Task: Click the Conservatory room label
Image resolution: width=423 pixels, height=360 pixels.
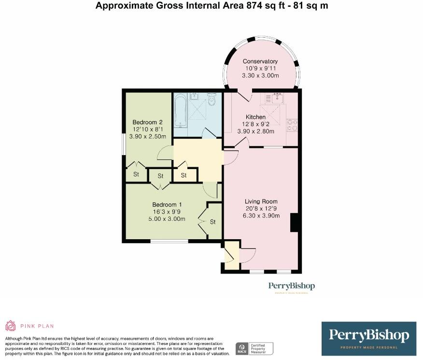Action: [260, 61]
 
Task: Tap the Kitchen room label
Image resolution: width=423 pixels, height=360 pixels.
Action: [255, 117]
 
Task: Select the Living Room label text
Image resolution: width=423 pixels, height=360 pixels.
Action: [261, 202]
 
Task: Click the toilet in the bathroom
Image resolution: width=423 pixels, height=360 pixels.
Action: [211, 100]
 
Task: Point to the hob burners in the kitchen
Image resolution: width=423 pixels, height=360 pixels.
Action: [292, 125]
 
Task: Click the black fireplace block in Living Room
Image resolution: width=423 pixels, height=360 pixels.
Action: [295, 224]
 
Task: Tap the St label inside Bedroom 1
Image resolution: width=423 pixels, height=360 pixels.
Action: [212, 222]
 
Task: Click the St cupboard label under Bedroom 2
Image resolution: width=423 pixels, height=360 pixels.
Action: [136, 174]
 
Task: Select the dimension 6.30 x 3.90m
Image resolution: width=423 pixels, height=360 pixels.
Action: [261, 216]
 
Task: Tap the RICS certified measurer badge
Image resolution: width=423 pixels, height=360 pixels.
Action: [254, 347]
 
